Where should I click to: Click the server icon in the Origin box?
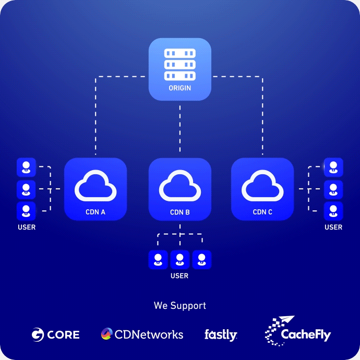click(179, 65)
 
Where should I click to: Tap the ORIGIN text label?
click(179, 88)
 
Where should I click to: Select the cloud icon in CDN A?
click(95, 185)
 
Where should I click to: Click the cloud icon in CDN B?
click(179, 186)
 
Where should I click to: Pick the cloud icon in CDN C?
click(262, 185)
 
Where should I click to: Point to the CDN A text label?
click(95, 212)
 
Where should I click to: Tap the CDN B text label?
click(179, 213)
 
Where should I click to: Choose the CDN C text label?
click(262, 212)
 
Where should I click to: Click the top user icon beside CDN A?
click(26, 167)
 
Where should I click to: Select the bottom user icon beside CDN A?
click(26, 211)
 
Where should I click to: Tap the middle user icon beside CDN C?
click(333, 189)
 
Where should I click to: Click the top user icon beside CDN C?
click(333, 167)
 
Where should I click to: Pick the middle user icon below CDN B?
click(179, 259)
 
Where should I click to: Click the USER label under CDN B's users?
click(179, 275)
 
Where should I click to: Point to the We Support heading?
click(180, 306)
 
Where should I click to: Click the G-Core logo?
click(55, 334)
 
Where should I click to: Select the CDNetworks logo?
click(142, 334)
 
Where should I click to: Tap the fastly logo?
click(221, 334)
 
